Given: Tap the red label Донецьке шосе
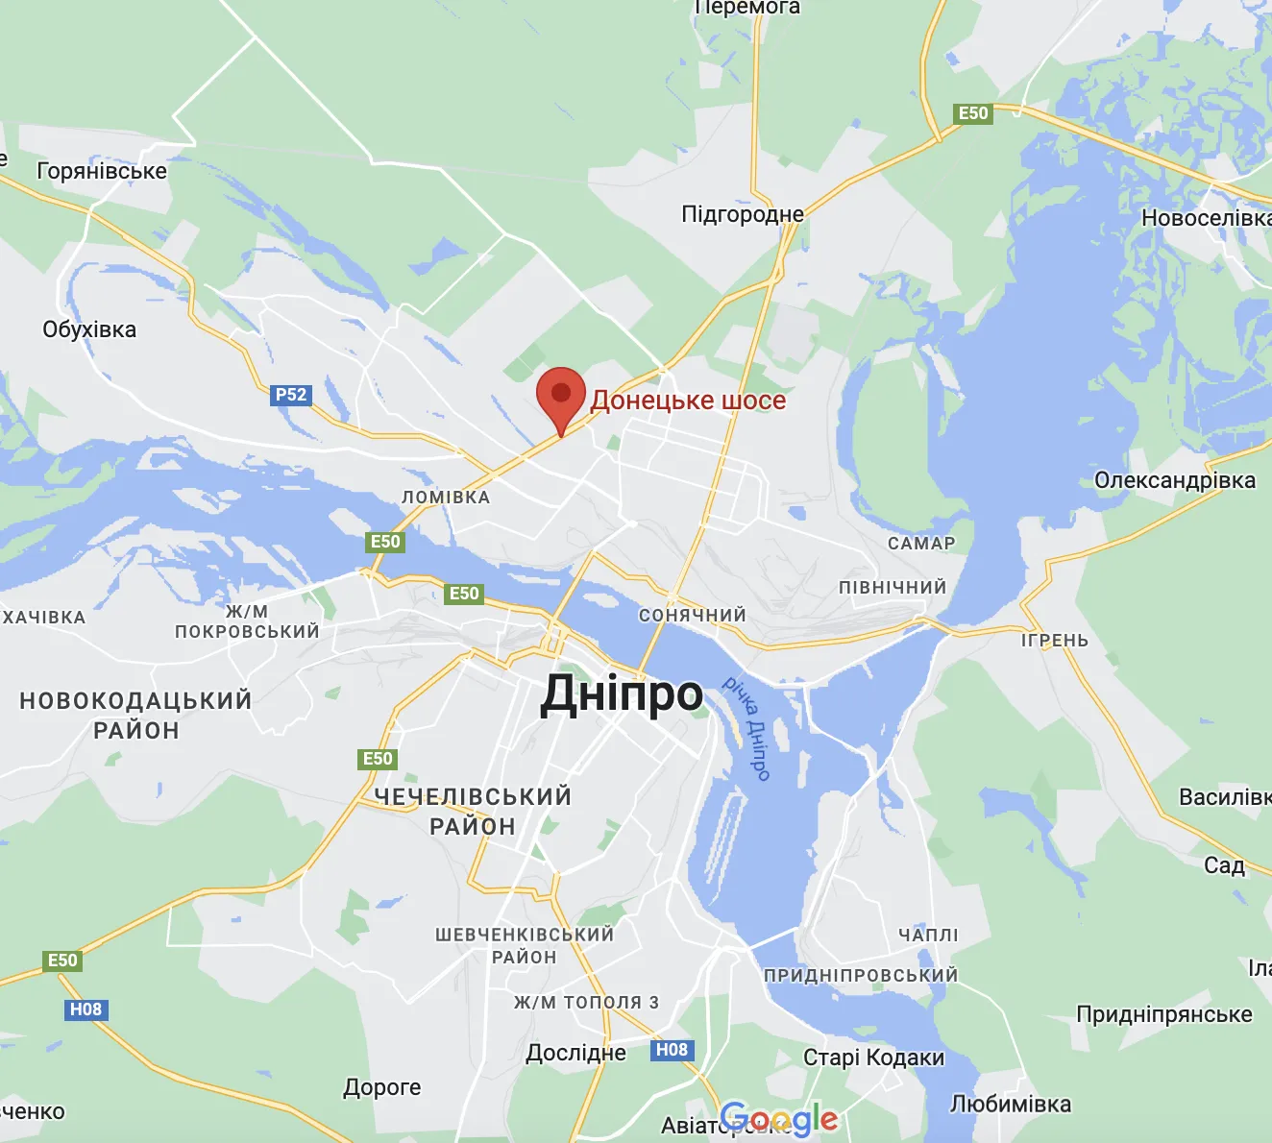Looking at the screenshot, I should (x=688, y=401).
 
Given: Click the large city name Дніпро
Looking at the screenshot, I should (x=622, y=693).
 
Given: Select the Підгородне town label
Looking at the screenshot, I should (x=743, y=214).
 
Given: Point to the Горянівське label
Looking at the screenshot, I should (x=102, y=171).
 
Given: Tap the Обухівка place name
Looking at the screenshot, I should (x=89, y=329).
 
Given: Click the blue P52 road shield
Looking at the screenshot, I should (x=291, y=395).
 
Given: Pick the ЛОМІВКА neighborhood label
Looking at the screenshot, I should (x=446, y=498).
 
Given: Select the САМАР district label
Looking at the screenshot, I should (x=921, y=544).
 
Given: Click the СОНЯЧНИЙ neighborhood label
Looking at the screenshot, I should (x=693, y=616).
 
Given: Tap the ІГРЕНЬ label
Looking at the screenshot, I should (x=1055, y=641).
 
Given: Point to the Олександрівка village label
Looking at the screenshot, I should (x=1175, y=480).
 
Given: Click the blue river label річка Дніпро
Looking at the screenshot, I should (x=747, y=728).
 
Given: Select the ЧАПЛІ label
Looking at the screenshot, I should (x=928, y=935).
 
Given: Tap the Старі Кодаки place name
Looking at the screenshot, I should (x=873, y=1058).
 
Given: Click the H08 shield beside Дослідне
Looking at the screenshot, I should (x=672, y=1050).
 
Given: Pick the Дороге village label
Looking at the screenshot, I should (x=382, y=1087).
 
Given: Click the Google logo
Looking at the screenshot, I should (x=778, y=1118).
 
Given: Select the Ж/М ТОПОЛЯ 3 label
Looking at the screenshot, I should (x=586, y=1003).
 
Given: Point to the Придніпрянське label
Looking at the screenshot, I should (x=1164, y=1014).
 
